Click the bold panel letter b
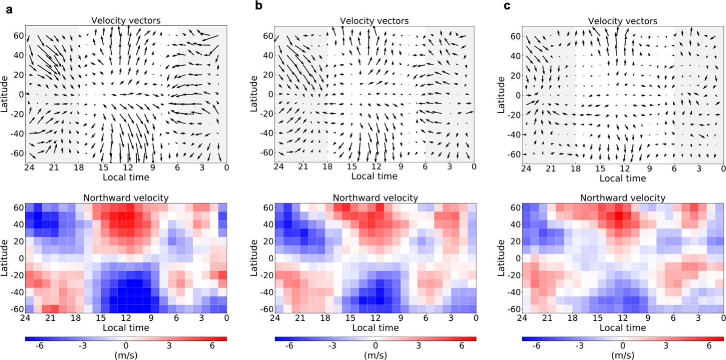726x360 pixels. point(259,6)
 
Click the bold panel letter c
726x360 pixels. point(507,6)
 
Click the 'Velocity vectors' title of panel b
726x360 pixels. point(374,21)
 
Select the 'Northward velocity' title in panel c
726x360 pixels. point(623,198)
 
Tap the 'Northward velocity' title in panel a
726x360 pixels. point(126,198)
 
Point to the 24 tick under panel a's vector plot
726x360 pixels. point(29,167)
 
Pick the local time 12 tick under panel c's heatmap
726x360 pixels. point(623,318)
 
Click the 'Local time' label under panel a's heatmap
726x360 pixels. point(126,328)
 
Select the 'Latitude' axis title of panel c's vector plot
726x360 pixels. point(501,95)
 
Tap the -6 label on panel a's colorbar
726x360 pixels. point(39,346)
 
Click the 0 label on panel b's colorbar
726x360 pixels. point(375,346)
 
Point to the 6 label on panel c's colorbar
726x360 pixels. point(709,346)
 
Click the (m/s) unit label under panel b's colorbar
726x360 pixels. point(375,355)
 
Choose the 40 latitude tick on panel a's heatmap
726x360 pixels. point(19,224)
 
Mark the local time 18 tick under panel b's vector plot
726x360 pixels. point(327,167)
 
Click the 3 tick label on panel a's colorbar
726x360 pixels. point(169,346)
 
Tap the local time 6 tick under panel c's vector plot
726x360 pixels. point(674,168)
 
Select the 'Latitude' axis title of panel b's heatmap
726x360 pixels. point(254,258)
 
